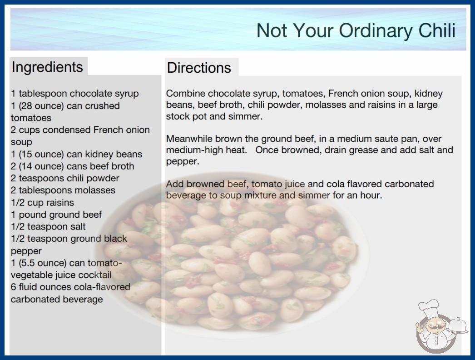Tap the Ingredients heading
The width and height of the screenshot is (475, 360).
(47, 67)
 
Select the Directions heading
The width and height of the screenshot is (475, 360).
(199, 68)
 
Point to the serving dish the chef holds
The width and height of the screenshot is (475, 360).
(458, 326)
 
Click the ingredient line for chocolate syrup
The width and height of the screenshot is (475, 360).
(75, 94)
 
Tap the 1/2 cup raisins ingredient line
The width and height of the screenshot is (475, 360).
(42, 202)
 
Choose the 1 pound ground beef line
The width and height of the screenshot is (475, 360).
(56, 215)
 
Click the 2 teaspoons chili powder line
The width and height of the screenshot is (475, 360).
(65, 178)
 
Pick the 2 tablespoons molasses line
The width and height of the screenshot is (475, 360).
(63, 190)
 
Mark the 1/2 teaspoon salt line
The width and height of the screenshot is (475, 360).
(48, 226)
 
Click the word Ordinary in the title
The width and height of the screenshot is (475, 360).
(376, 31)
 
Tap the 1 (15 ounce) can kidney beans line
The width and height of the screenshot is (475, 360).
(76, 154)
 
